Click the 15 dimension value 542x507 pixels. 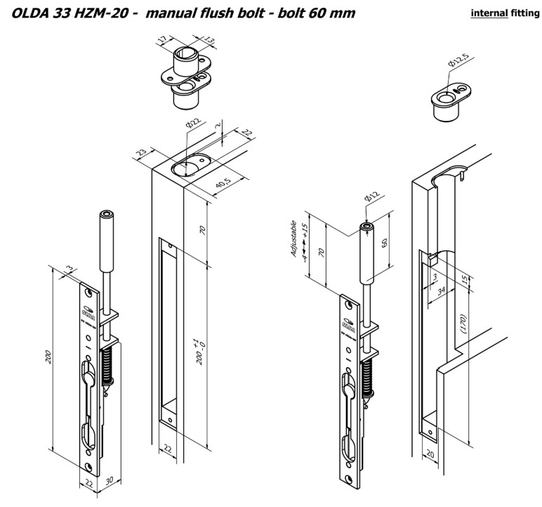point(465,280)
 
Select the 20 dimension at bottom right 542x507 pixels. point(429,456)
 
